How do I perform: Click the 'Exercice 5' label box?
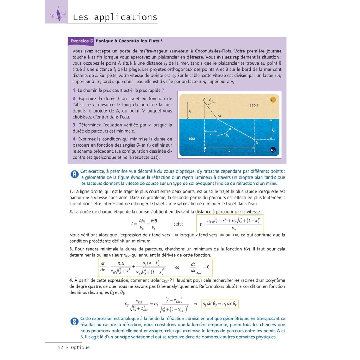[x=82, y=41]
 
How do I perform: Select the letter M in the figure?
[x=219, y=116]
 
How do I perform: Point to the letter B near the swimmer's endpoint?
[x=257, y=143]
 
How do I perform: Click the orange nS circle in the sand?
[x=273, y=100]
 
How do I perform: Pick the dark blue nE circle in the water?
[x=273, y=150]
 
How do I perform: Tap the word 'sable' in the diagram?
[x=254, y=105]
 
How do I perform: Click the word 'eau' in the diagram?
[x=192, y=138]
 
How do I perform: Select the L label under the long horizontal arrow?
[x=229, y=150]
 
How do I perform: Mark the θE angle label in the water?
[x=228, y=136]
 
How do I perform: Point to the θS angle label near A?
[x=211, y=100]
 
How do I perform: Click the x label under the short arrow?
[x=211, y=135]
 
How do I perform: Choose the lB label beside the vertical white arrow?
[x=273, y=130]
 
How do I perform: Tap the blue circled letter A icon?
[x=74, y=174]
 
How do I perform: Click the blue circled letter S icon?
[x=74, y=322]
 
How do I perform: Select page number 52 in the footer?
[x=61, y=347]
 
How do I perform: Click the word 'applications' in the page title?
[x=126, y=17]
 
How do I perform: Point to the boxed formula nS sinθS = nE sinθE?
[x=220, y=304]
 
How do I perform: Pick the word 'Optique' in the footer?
[x=80, y=347]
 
